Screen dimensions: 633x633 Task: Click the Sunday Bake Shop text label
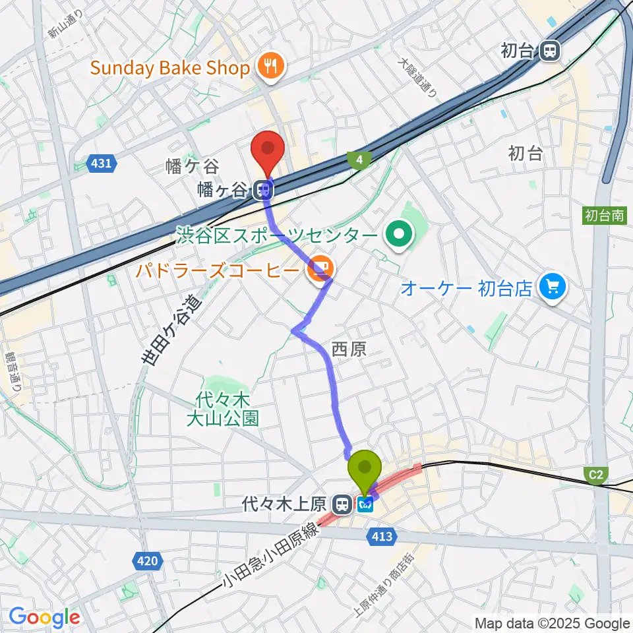coord(170,67)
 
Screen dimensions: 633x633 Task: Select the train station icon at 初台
coord(549,50)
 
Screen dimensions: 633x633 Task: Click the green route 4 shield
coord(359,160)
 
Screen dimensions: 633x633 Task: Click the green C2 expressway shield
coord(595,474)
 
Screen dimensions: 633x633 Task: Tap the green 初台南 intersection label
coord(605,215)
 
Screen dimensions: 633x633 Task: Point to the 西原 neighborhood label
coord(349,349)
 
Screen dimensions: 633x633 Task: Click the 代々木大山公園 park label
coord(222,409)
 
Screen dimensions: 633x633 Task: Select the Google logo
coord(44,617)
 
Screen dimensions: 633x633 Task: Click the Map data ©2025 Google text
coord(552,623)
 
